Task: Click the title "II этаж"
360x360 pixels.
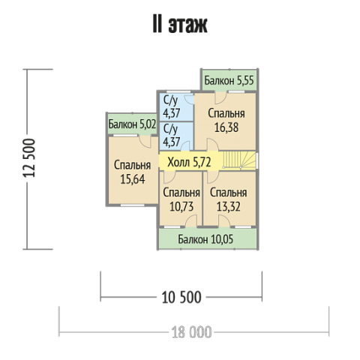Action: (x=180, y=25)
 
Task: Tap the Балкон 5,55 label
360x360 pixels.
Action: (x=229, y=80)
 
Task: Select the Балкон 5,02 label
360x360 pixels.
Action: (x=132, y=124)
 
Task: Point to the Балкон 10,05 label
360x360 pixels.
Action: (x=205, y=239)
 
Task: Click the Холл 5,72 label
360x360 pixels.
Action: (x=189, y=162)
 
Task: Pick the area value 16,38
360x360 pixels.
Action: (x=226, y=127)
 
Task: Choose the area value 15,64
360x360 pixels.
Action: (x=133, y=179)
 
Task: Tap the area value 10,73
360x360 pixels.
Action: (x=181, y=207)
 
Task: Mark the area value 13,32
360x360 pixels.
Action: (x=229, y=207)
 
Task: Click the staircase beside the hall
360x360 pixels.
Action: (x=239, y=160)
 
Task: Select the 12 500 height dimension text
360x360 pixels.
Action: (x=29, y=158)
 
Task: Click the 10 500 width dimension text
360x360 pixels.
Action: (x=181, y=297)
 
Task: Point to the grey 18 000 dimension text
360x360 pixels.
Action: (x=191, y=332)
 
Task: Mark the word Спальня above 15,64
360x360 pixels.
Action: (x=133, y=166)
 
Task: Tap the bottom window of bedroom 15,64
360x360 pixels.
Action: (x=133, y=205)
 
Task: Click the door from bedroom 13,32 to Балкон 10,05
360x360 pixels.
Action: (x=224, y=220)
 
